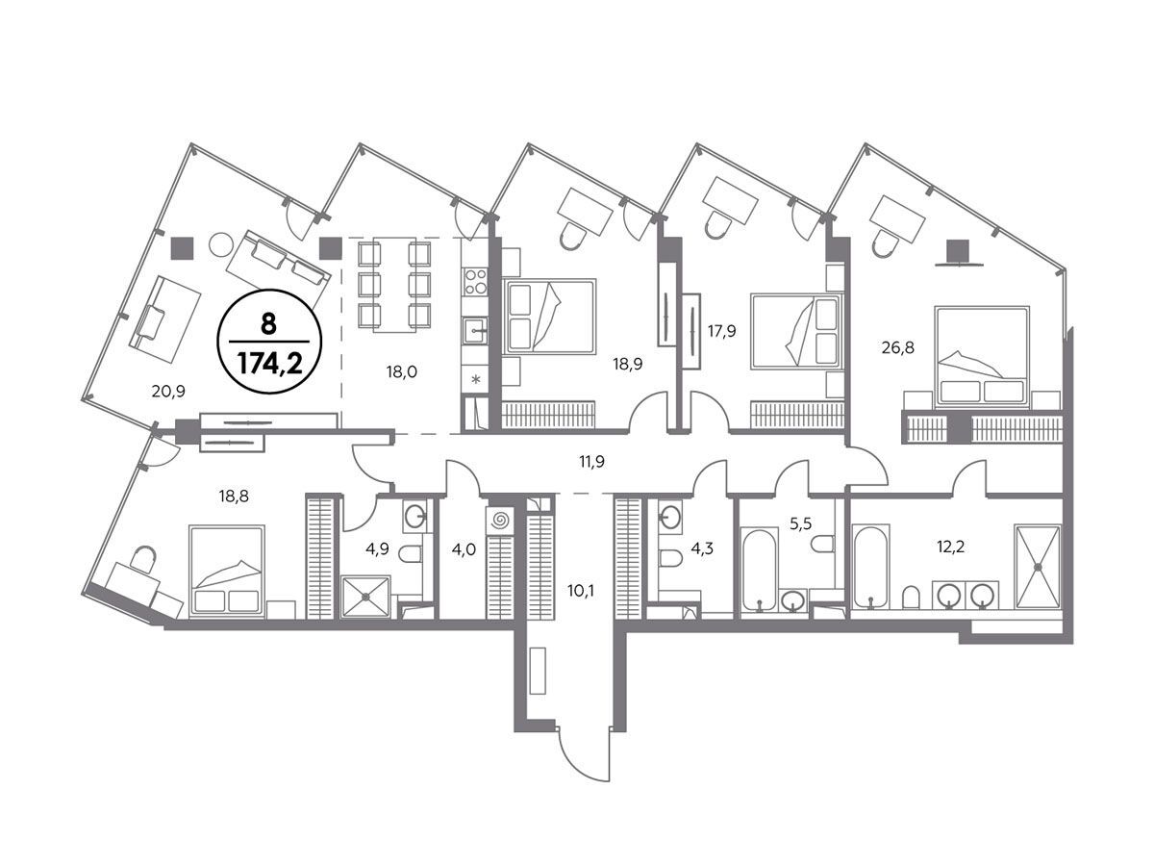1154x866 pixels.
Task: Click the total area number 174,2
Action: pos(269,363)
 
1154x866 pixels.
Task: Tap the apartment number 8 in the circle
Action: pos(268,324)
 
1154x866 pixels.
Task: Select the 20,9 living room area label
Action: pos(168,392)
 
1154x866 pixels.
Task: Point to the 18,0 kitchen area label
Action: pos(402,372)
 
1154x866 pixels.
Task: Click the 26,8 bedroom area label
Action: pos(898,347)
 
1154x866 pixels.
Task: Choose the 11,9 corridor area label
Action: pos(592,462)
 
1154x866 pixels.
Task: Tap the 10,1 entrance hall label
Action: pos(581,591)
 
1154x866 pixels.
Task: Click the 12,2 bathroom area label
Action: pos(950,548)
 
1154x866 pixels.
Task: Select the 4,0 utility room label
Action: pos(464,550)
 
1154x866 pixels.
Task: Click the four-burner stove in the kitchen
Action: pos(475,281)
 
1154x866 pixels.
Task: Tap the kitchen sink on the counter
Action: pos(475,331)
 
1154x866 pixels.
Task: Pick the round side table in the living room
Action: pos(221,244)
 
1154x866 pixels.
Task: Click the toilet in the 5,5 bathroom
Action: pos(823,544)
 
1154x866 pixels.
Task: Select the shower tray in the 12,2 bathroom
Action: pos(1038,567)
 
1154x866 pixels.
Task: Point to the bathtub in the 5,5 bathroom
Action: pos(759,570)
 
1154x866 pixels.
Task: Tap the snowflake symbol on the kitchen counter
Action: pos(476,379)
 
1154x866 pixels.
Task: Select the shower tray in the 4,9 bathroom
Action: pos(366,597)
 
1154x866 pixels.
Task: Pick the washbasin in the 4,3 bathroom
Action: pos(669,516)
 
